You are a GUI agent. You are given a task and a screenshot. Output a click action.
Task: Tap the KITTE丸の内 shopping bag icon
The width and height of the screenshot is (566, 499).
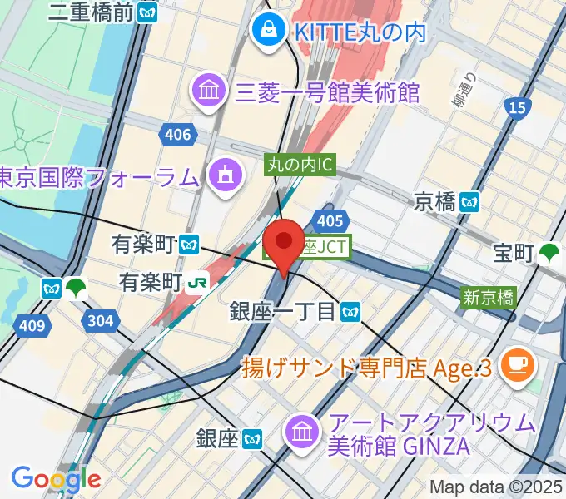pyautogui.click(x=270, y=32)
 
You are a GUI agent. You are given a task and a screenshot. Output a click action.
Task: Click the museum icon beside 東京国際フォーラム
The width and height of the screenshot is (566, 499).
pyautogui.click(x=224, y=175)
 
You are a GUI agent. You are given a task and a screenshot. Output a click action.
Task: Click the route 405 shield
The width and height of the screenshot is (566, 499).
pyautogui.click(x=330, y=220)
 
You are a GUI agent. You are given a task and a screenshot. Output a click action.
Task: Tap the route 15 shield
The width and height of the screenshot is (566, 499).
pyautogui.click(x=515, y=107)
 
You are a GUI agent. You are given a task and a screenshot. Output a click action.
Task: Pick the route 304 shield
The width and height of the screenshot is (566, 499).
pyautogui.click(x=101, y=320)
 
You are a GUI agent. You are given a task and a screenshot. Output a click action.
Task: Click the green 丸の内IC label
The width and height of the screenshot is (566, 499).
pyautogui.click(x=300, y=165)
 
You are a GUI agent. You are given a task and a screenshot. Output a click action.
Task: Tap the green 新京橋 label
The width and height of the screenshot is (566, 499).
pyautogui.click(x=489, y=297)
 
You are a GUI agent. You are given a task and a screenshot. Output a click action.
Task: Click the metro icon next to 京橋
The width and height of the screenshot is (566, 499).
pyautogui.click(x=472, y=201)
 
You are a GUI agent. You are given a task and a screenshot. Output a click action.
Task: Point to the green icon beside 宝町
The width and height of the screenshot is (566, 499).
pyautogui.click(x=549, y=253)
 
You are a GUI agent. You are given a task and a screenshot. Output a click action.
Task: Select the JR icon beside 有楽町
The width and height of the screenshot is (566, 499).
pyautogui.click(x=197, y=281)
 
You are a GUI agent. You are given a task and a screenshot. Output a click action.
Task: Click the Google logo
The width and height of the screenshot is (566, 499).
pyautogui.click(x=56, y=478)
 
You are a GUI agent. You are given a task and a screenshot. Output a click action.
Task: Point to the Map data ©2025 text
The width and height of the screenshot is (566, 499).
pyautogui.click(x=496, y=487)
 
